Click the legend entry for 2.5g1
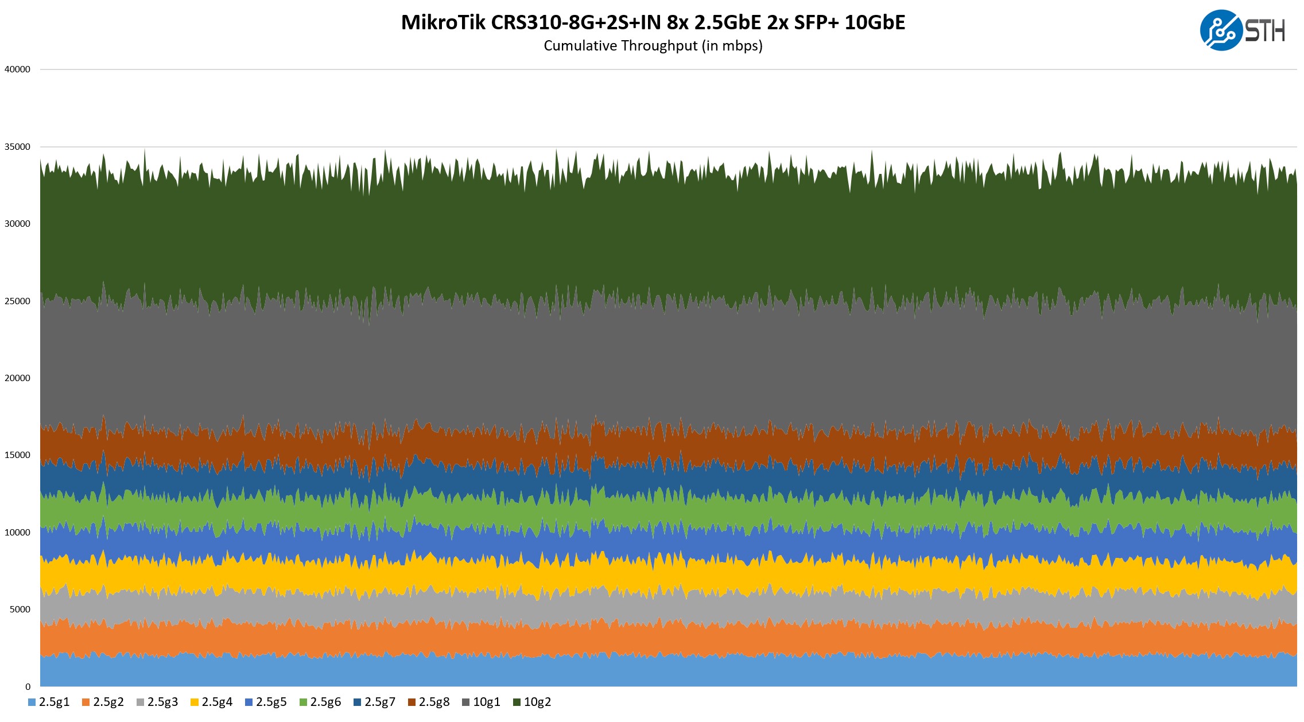click(49, 702)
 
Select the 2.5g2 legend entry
click(103, 702)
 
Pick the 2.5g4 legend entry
click(212, 702)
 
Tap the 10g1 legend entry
click(482, 702)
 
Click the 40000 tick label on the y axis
click(17, 69)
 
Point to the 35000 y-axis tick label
click(17, 147)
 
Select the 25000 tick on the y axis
click(17, 301)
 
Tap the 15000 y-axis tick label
click(17, 455)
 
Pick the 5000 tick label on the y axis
click(20, 610)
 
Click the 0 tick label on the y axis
click(28, 687)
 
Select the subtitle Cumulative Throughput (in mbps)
click(653, 46)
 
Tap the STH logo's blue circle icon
click(1221, 30)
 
